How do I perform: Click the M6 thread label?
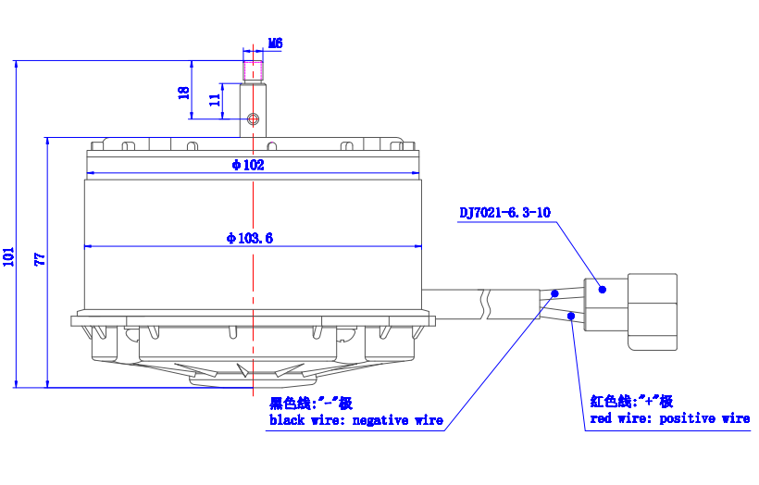point(276,44)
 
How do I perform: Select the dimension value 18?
point(184,93)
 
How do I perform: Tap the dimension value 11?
point(215,100)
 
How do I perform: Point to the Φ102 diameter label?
point(248,165)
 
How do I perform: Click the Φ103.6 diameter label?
point(250,238)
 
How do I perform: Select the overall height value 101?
point(8,256)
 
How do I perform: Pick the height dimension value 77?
point(40,259)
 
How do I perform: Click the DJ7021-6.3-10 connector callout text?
point(504,213)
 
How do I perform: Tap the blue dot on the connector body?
point(603,290)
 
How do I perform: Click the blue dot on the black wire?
point(554,293)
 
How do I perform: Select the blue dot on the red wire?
point(571,316)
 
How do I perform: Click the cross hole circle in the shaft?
point(254,118)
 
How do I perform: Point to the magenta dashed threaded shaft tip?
point(254,70)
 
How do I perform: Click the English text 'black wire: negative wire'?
point(356,420)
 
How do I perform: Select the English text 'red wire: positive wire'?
point(670,418)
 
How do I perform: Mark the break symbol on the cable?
point(484,304)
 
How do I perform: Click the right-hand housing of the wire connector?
point(653,312)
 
